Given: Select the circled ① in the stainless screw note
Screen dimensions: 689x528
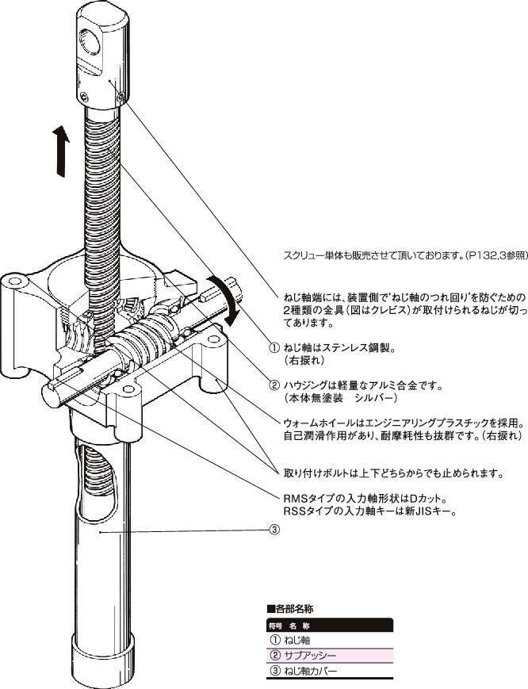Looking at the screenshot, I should tap(274, 348).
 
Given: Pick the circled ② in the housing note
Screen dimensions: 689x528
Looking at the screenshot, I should tap(274, 385).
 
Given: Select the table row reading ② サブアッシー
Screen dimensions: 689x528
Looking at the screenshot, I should tap(329, 656).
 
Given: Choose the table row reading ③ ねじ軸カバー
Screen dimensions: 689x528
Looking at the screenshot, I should tap(329, 672).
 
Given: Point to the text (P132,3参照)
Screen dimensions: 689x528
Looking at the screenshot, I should tap(496, 255).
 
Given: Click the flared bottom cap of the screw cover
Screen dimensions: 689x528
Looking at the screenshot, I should tap(108, 664).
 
